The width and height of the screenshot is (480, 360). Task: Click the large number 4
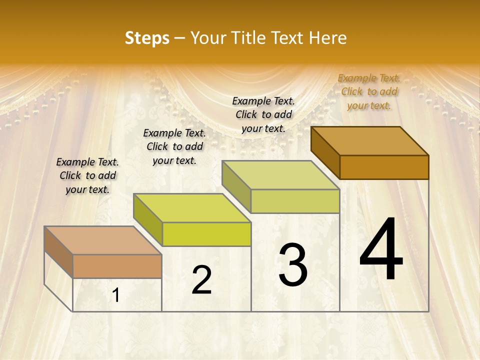(x=381, y=250)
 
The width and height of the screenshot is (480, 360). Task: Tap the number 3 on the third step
(x=292, y=265)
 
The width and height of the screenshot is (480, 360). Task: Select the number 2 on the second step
(x=202, y=280)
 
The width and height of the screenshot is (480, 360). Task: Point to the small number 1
(x=116, y=295)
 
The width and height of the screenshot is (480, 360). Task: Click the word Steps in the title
(x=147, y=38)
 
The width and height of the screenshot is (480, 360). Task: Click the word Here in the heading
(x=328, y=38)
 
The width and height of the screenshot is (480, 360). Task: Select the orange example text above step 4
(x=369, y=91)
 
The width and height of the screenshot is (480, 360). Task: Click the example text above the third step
(x=263, y=114)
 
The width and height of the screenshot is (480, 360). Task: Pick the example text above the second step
(x=174, y=146)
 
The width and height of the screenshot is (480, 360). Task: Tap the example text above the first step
(x=87, y=175)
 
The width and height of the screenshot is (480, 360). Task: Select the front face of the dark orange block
(x=384, y=167)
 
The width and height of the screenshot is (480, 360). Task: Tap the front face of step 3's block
(x=295, y=201)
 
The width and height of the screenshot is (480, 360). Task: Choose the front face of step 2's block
(x=206, y=234)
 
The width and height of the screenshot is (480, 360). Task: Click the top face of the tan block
(x=103, y=240)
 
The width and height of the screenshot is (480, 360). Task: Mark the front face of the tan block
(x=117, y=266)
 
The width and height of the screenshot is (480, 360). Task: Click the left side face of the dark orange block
(x=325, y=152)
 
